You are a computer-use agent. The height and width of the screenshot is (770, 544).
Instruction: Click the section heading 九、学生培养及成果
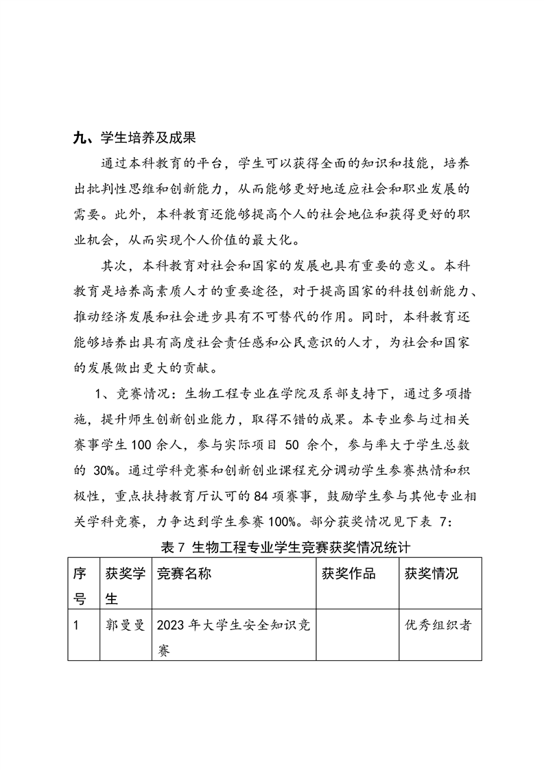coord(134,138)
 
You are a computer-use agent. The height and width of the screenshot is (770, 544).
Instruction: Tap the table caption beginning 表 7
coord(285,547)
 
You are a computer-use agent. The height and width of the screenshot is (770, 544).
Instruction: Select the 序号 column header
coord(80,585)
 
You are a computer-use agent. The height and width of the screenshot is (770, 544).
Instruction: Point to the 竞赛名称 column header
coord(184,574)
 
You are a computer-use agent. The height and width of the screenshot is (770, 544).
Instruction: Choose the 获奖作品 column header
coord(348,574)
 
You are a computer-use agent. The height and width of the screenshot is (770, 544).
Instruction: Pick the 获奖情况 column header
coord(431,574)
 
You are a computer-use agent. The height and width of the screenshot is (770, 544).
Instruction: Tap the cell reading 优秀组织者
coord(438,625)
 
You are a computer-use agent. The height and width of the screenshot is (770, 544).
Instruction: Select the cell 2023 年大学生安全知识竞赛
coord(233,637)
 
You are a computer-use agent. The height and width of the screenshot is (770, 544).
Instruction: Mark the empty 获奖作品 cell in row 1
coord(356,637)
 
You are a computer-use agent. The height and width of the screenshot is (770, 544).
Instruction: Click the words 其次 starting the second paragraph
coord(115,265)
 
